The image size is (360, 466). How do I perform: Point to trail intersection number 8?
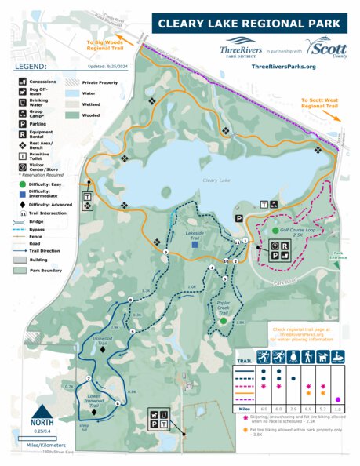129,300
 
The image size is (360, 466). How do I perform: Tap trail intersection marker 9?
165,251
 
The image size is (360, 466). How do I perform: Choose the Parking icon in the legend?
21,122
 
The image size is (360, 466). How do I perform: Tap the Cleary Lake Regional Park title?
247,24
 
